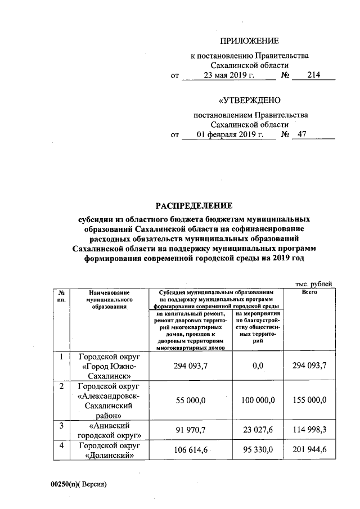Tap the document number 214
tap(313, 75)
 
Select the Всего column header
tap(309, 293)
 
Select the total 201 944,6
tap(309, 451)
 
